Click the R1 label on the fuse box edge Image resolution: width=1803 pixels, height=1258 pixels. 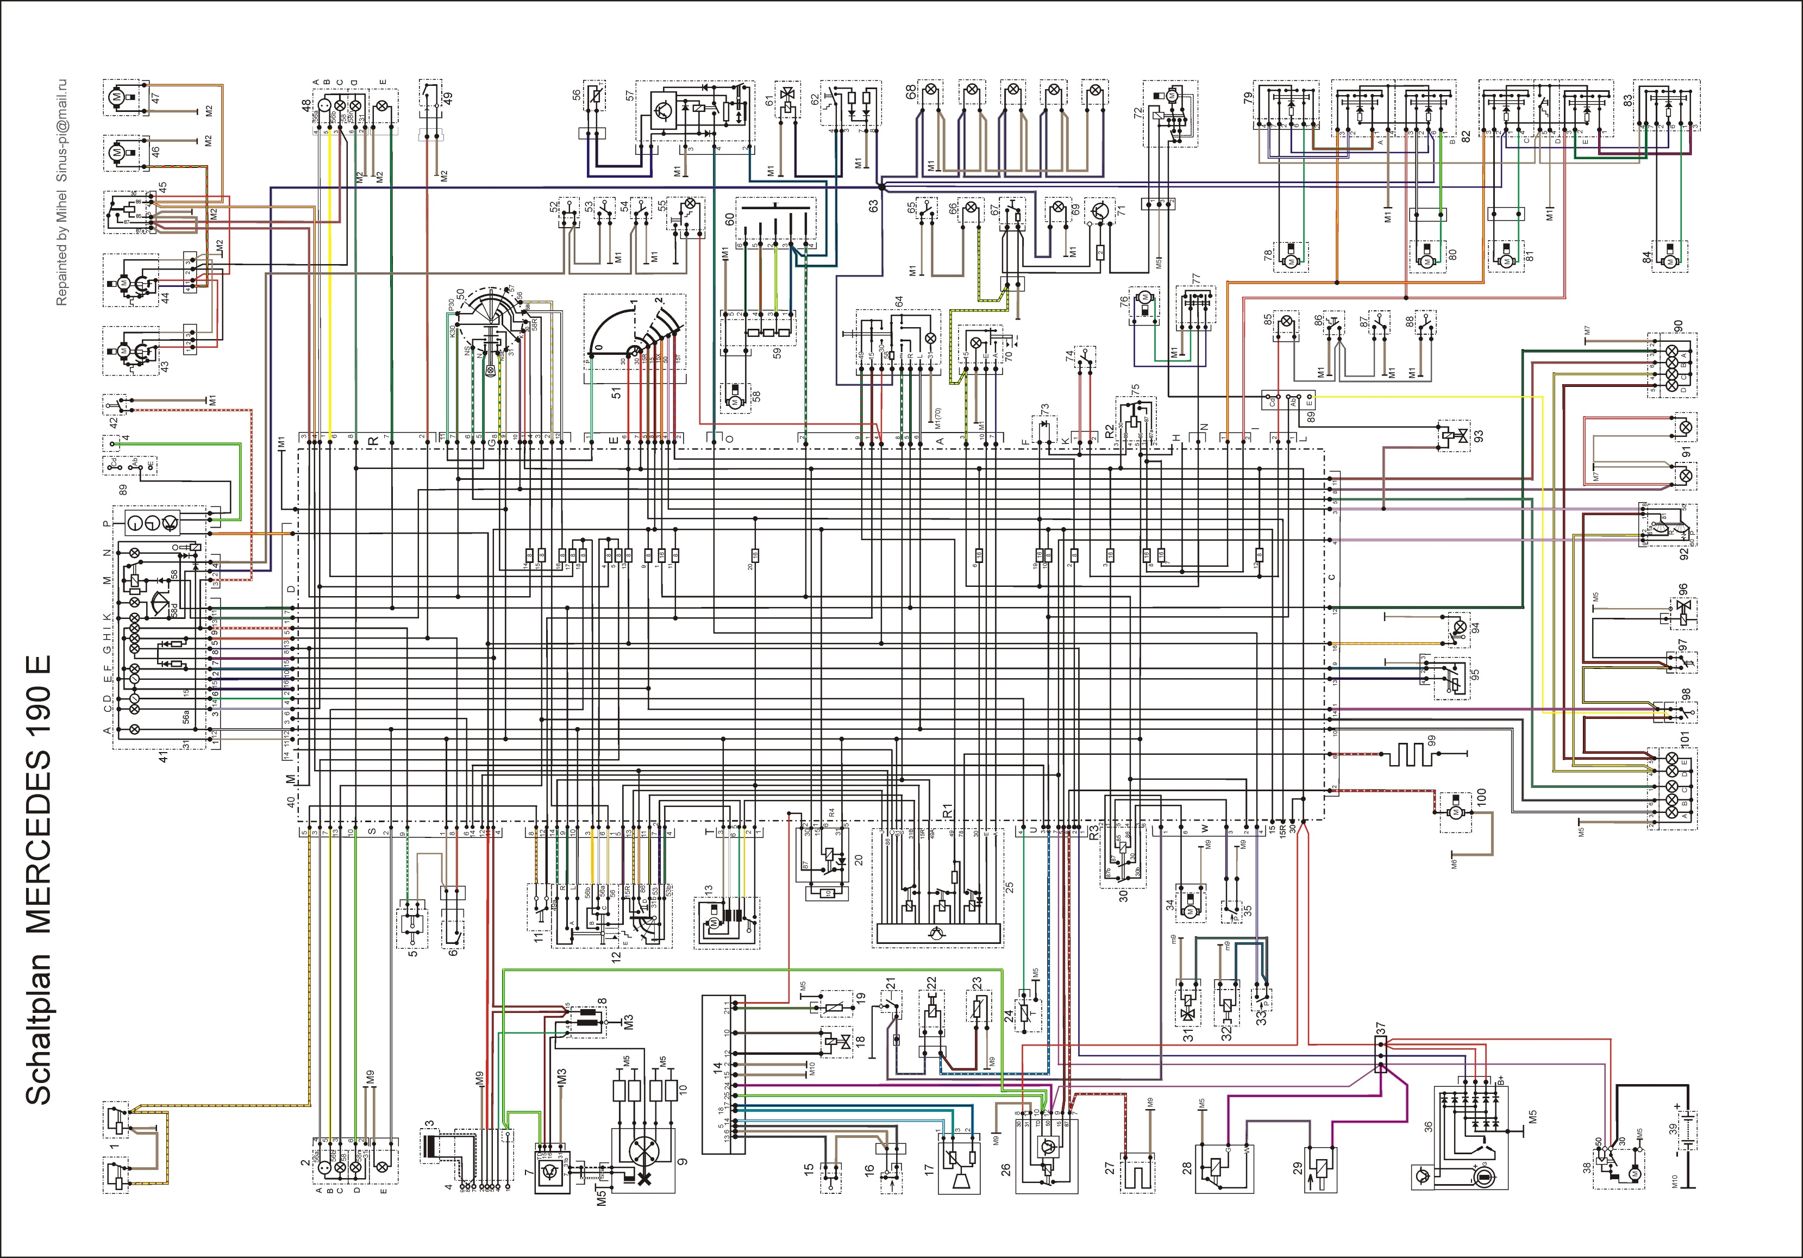pos(948,809)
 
